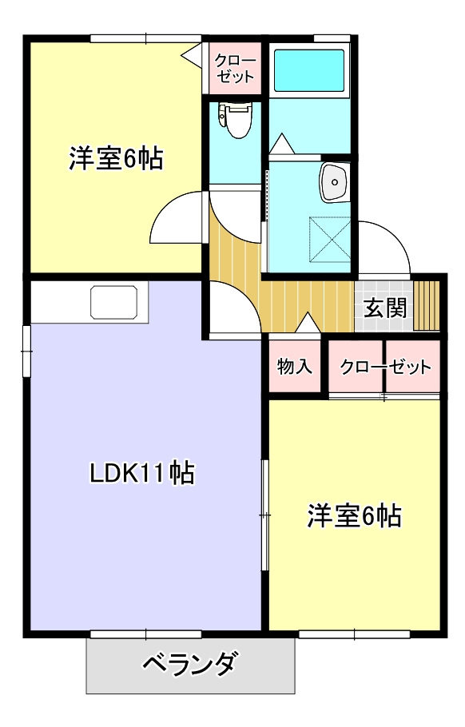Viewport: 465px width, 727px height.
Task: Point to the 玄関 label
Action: click(386, 307)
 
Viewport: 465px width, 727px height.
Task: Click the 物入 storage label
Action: click(294, 367)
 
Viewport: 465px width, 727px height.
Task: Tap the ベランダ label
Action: click(190, 665)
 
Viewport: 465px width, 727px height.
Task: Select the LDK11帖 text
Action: click(141, 474)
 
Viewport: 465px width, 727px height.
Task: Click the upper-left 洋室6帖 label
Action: click(115, 159)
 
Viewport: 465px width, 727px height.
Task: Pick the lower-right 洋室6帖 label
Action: click(354, 516)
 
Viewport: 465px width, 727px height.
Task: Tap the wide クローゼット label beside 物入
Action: click(385, 367)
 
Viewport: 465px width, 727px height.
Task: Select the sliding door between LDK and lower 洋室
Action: click(264, 515)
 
